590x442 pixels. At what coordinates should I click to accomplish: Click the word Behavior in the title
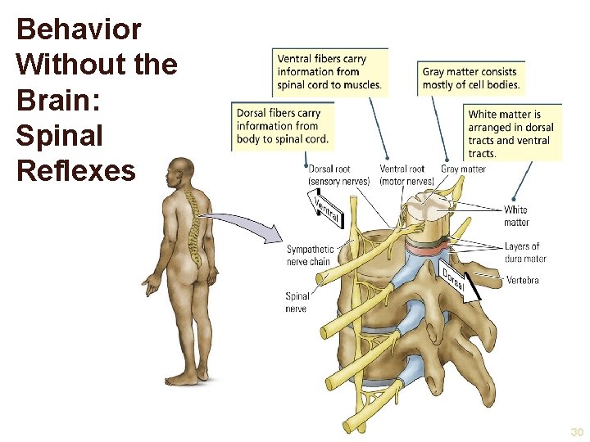(79, 30)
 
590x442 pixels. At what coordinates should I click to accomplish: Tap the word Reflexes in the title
(75, 171)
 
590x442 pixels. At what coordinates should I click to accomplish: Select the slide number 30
(577, 432)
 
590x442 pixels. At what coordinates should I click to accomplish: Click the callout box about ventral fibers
(330, 72)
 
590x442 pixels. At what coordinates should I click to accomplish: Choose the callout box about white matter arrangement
(514, 133)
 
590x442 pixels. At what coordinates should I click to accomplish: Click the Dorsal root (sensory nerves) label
(338, 175)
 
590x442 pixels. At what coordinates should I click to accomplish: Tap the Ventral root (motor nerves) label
(407, 175)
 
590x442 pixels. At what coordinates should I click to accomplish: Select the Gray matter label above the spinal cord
(463, 169)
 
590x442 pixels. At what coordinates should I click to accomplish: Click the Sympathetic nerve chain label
(311, 255)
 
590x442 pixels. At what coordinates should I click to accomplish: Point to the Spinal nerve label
(297, 302)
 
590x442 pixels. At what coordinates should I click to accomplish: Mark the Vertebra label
(522, 280)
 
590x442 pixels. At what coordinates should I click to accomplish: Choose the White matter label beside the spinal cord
(516, 216)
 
